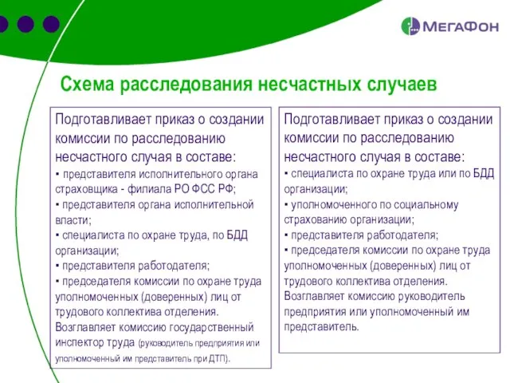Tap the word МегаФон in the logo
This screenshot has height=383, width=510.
coord(458,27)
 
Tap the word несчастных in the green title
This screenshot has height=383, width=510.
coord(308,84)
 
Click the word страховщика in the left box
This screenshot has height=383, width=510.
coord(87,189)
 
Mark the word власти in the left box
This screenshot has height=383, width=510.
coord(73,219)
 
